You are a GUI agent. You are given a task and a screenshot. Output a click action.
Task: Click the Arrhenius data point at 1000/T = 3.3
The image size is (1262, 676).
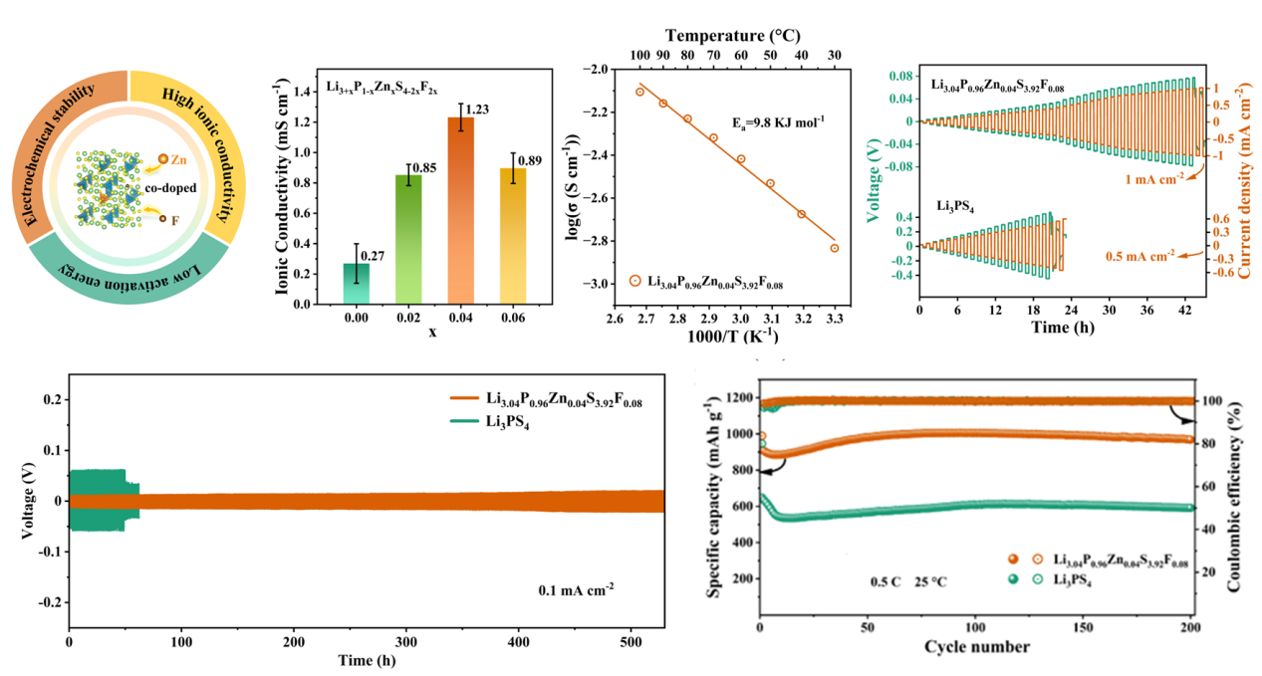tap(834, 248)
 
